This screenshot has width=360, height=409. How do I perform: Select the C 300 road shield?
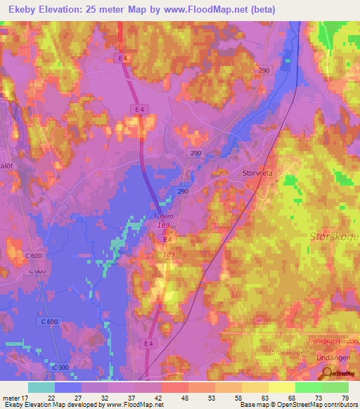pyautogui.click(x=61, y=367)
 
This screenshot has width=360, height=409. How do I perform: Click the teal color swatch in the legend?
pyautogui.click(x=41, y=387)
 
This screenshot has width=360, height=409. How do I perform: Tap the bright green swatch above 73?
pyautogui.click(x=309, y=387)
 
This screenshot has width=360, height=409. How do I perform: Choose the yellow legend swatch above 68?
pyautogui.click(x=282, y=387)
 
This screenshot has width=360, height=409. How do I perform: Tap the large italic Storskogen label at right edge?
pyautogui.click(x=335, y=237)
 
